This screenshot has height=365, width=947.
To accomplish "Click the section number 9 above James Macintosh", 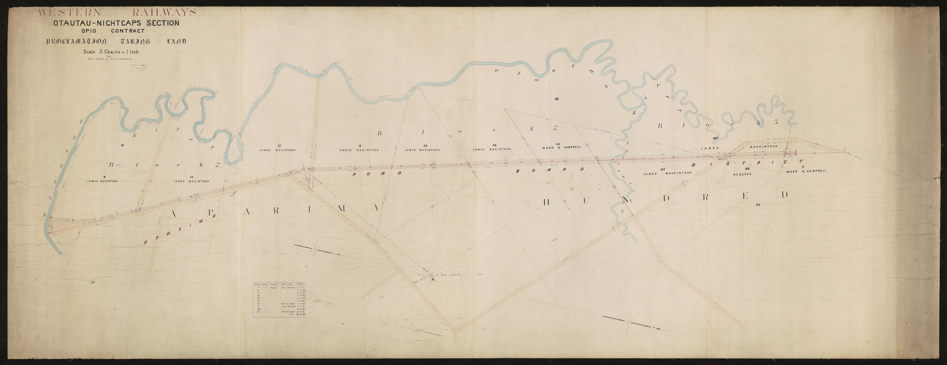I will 99,176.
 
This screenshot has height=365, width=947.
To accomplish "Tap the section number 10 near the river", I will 122,144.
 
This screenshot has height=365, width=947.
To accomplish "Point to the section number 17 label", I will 279,145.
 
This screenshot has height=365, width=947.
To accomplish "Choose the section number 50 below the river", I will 557,99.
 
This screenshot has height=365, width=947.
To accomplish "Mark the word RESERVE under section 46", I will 743,174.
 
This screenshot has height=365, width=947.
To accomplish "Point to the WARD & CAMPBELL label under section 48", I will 561,147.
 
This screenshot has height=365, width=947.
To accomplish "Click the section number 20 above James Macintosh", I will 425,145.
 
